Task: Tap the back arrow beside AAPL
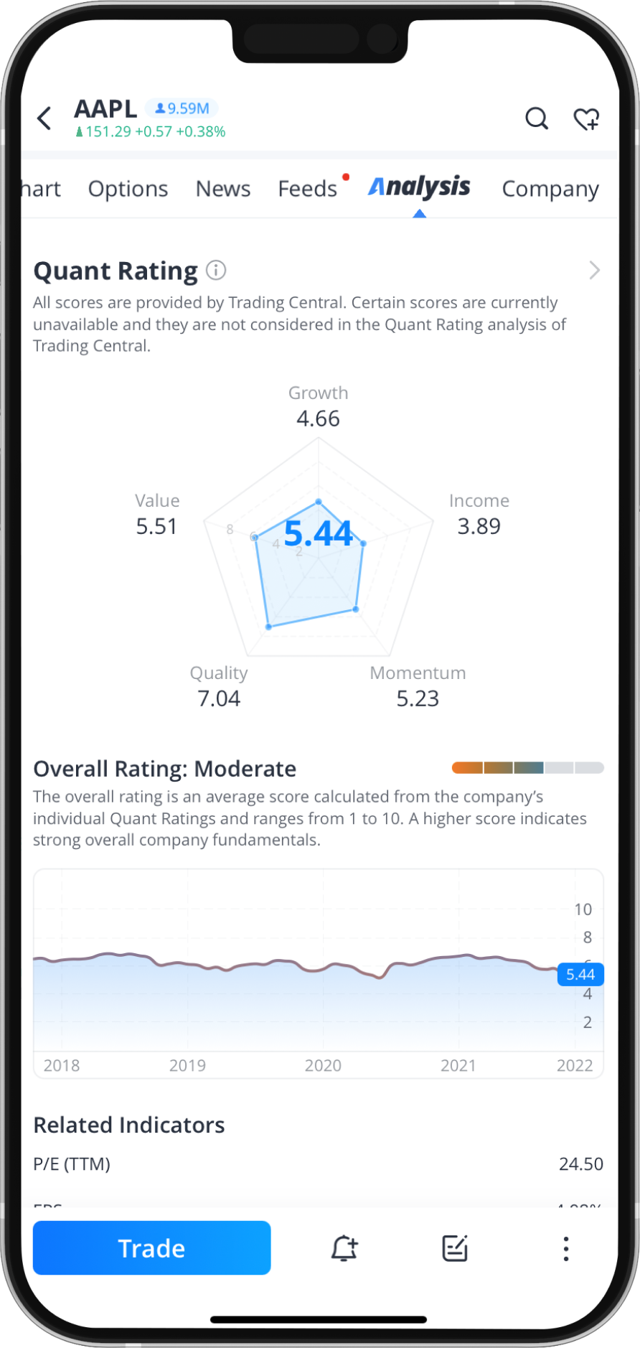click(44, 118)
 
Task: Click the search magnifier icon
click(536, 118)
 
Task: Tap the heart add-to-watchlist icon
click(586, 118)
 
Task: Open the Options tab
click(128, 189)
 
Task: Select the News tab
click(223, 189)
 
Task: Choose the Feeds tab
click(307, 189)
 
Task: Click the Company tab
click(550, 189)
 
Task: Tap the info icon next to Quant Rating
click(216, 271)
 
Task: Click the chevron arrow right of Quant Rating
click(594, 271)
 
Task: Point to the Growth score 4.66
click(318, 418)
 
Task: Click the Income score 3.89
click(479, 526)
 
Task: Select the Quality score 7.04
click(219, 698)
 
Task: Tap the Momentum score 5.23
click(418, 698)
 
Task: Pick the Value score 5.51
click(156, 526)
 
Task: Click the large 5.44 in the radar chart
click(318, 533)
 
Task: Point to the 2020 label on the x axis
click(323, 1065)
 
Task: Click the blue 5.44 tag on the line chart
click(580, 974)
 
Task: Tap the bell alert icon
click(344, 1248)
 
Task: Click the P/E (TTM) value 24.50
click(580, 1164)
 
